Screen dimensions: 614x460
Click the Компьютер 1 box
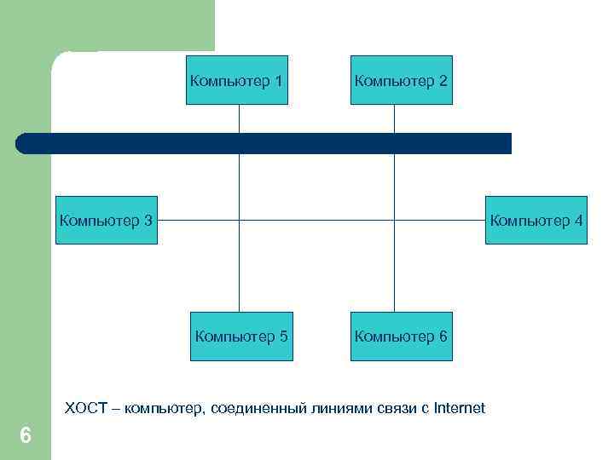(238, 80)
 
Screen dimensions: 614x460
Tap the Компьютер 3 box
(107, 221)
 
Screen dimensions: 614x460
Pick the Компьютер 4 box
(536, 221)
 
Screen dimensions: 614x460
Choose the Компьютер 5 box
(241, 336)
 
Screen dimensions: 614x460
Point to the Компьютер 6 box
(401, 336)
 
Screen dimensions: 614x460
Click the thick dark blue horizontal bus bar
(264, 143)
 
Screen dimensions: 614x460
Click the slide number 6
(25, 436)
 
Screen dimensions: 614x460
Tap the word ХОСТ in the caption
(86, 408)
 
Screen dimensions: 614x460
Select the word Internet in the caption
(460, 408)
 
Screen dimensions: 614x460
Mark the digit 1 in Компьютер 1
(279, 81)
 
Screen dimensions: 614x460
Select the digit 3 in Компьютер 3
(148, 221)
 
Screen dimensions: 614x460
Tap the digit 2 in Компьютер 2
(442, 81)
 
